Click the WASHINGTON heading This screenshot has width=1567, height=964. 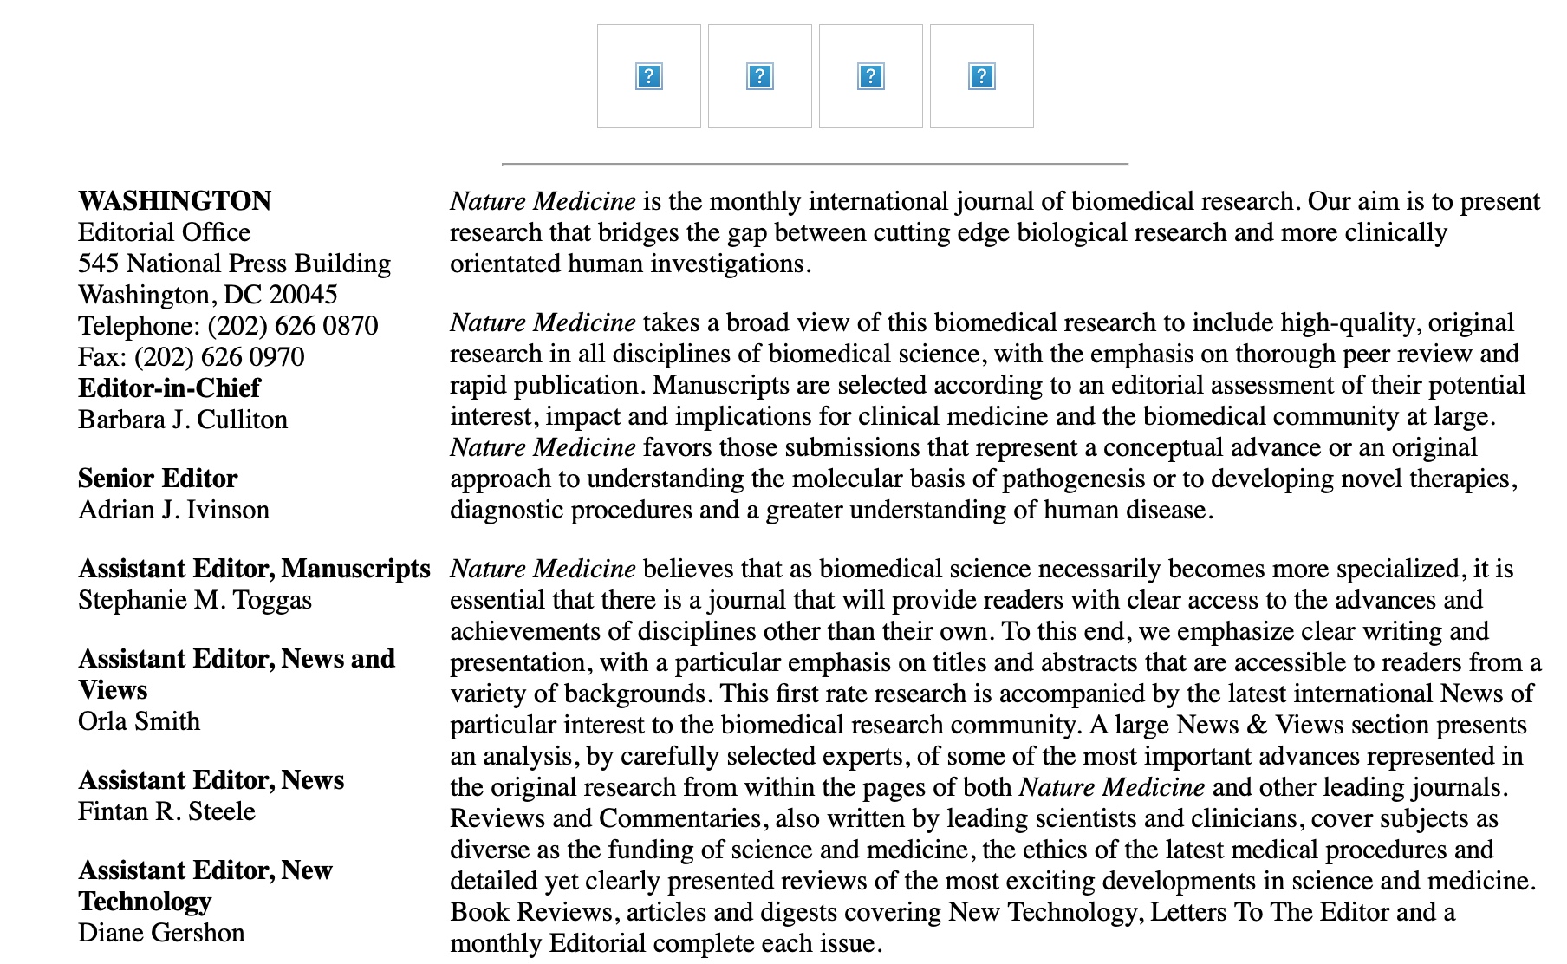(x=174, y=201)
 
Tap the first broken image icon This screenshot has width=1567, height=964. (x=648, y=76)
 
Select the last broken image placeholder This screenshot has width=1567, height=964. (x=981, y=76)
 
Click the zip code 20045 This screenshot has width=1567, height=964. (x=302, y=295)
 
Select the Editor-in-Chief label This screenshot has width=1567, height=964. (x=169, y=388)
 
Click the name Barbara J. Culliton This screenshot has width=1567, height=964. (x=183, y=420)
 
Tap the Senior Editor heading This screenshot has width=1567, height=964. (x=158, y=479)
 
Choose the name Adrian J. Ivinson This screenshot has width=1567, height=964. (x=173, y=510)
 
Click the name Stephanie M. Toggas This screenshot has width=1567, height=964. (x=195, y=600)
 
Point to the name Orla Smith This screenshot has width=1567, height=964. (x=139, y=721)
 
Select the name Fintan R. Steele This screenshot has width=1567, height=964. (x=166, y=811)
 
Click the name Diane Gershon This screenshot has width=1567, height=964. (x=161, y=933)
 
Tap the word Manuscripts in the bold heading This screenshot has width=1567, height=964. (x=355, y=569)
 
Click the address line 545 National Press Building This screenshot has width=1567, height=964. (x=234, y=264)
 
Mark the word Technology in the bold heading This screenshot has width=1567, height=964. (x=145, y=902)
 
